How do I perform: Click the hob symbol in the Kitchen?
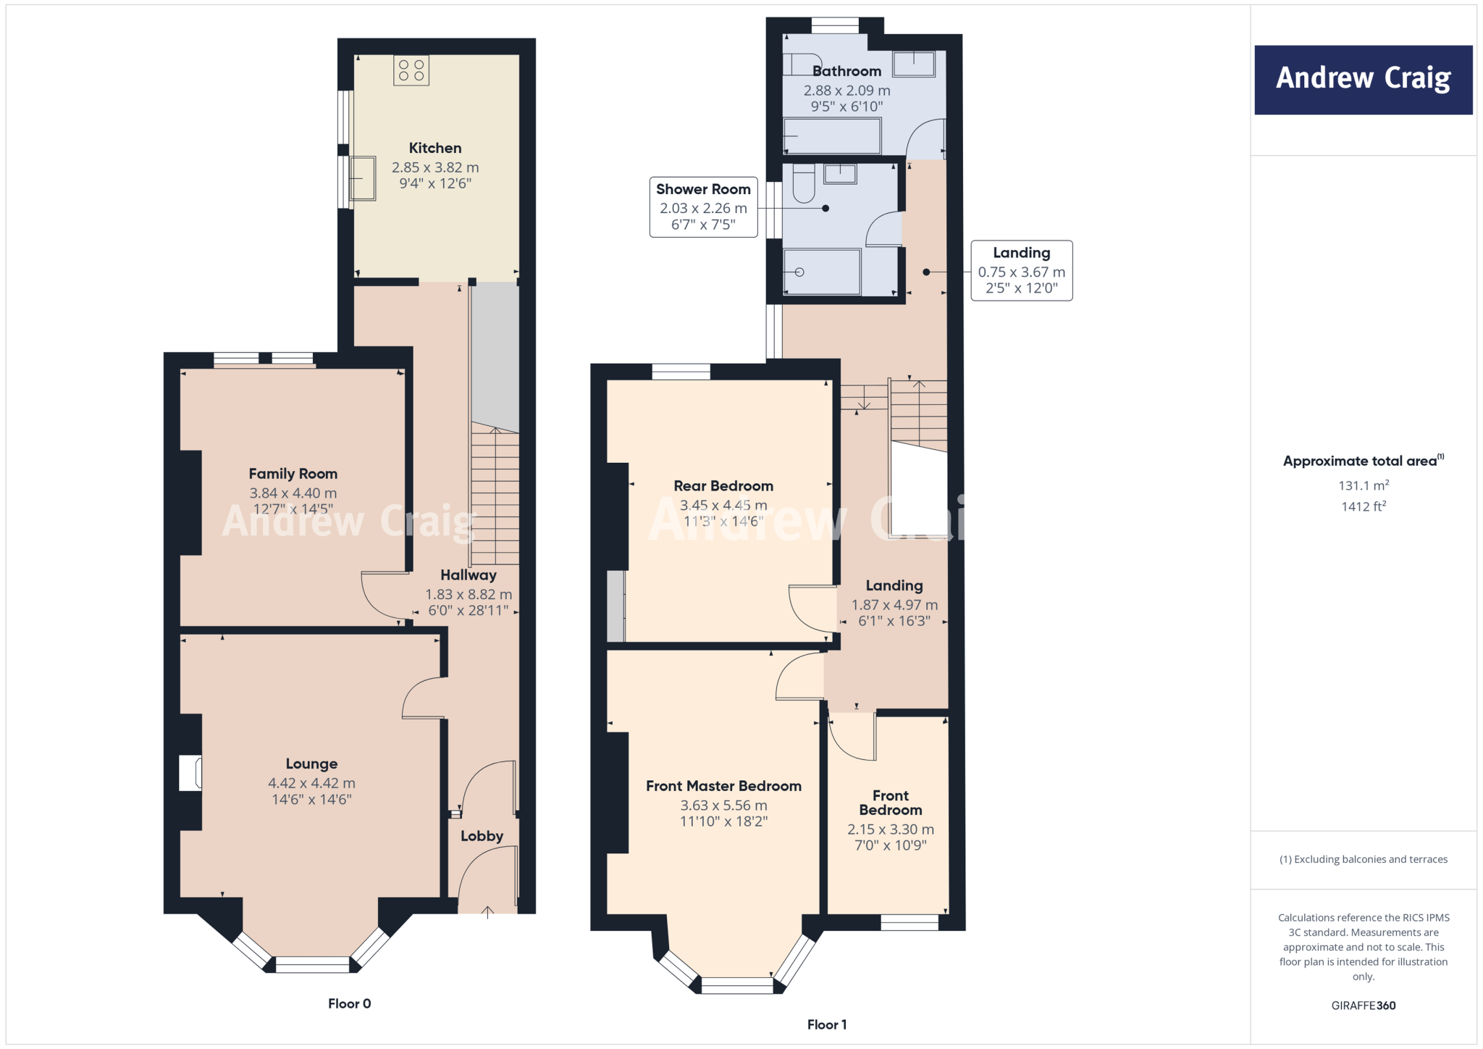point(411,70)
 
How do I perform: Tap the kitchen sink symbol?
point(362,178)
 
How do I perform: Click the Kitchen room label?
point(434,148)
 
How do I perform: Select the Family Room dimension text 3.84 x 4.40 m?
point(293,493)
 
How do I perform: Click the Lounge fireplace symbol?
point(190,772)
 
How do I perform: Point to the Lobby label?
point(482,836)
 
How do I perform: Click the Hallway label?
point(469,575)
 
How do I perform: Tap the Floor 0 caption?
point(349,1003)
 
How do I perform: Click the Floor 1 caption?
point(826,1024)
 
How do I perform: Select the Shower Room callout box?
point(703,207)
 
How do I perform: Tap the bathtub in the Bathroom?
point(832,135)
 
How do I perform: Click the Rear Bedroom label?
point(723,486)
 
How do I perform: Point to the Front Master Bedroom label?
point(723,786)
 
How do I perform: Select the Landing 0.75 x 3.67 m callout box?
point(1021,271)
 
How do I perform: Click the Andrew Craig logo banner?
point(1363,80)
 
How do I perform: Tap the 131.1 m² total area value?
point(1363,485)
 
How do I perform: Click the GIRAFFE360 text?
point(1363,1006)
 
